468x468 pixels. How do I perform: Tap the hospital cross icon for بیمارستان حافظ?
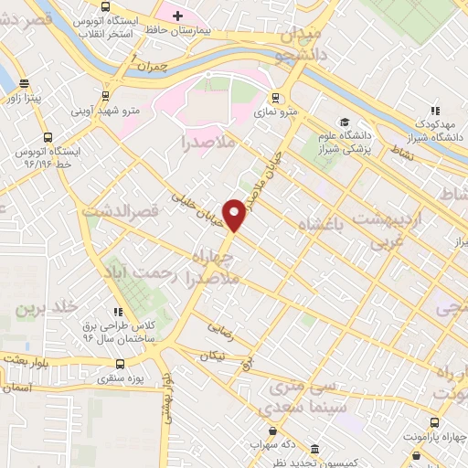177,16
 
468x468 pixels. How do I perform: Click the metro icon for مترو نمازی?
275,99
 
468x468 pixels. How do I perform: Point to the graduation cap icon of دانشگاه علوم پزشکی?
345,122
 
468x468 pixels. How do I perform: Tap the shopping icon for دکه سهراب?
271,431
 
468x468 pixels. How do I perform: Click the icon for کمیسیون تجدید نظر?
314,450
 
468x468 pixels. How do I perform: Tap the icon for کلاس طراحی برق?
119,311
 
